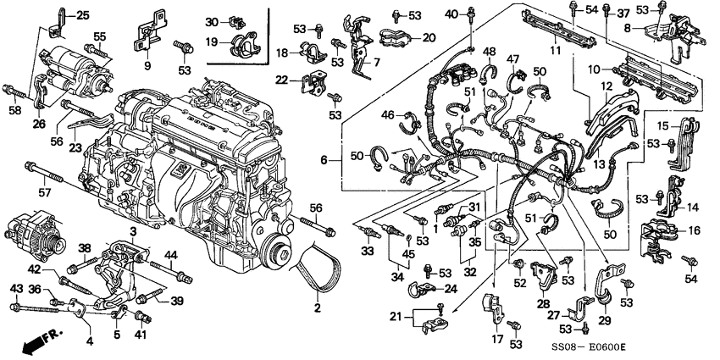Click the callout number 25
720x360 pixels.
coord(81,15)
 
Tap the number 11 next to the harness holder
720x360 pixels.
coord(556,51)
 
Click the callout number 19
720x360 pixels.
coord(212,41)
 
